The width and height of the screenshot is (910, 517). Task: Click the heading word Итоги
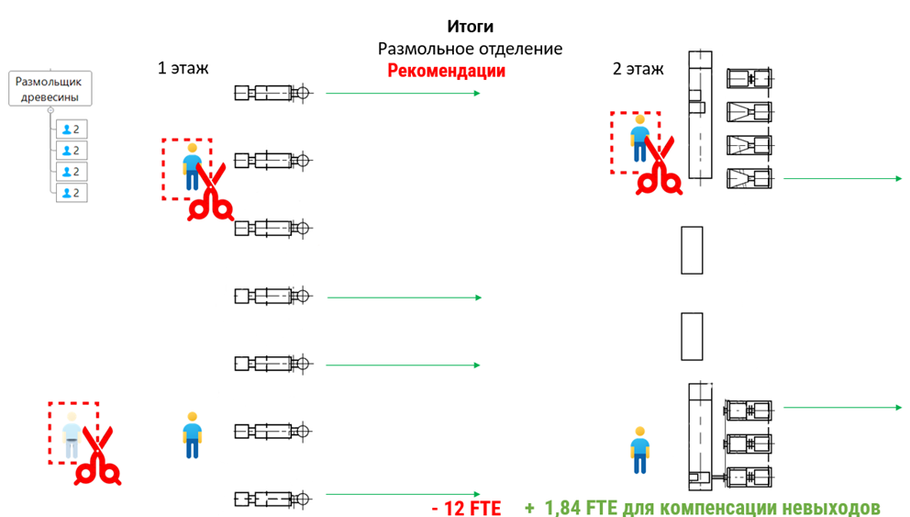(470, 27)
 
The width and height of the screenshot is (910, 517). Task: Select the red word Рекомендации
(446, 71)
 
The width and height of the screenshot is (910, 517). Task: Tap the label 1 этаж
(183, 67)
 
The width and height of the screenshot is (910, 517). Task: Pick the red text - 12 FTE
(466, 508)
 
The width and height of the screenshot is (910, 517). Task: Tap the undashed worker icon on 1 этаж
(192, 434)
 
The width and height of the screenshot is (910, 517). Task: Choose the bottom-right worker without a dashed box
(639, 449)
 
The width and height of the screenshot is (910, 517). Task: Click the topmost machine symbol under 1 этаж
(273, 93)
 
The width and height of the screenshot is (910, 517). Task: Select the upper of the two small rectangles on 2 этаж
(692, 250)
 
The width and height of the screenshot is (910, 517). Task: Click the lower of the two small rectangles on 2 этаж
(692, 336)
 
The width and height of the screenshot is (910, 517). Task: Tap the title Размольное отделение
(470, 49)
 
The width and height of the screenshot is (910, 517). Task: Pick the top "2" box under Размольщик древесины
(71, 129)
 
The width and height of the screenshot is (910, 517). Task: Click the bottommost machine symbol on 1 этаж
(273, 499)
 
